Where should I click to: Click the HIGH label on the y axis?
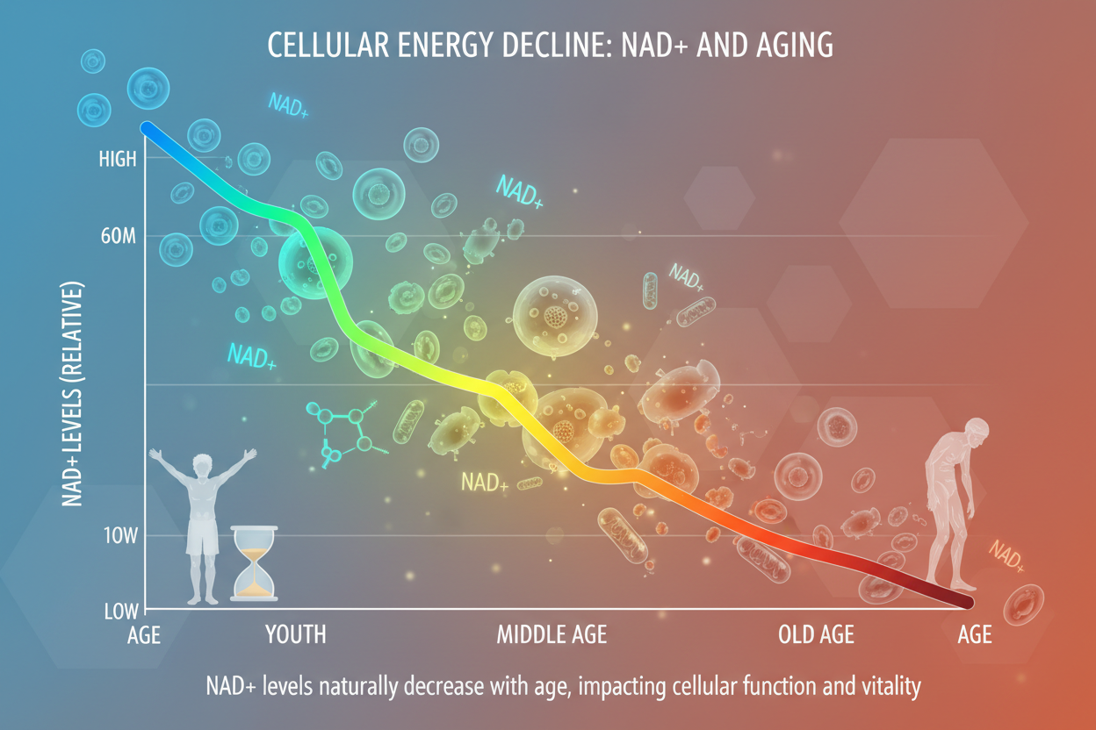click(118, 160)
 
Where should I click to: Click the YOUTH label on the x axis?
click(296, 634)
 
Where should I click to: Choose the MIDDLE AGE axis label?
click(552, 634)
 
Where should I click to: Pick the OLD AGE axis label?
click(816, 634)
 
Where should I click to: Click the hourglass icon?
click(255, 562)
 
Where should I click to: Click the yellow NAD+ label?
click(485, 482)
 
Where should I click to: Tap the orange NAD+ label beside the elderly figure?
click(1006, 555)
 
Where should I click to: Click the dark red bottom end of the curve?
click(968, 602)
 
